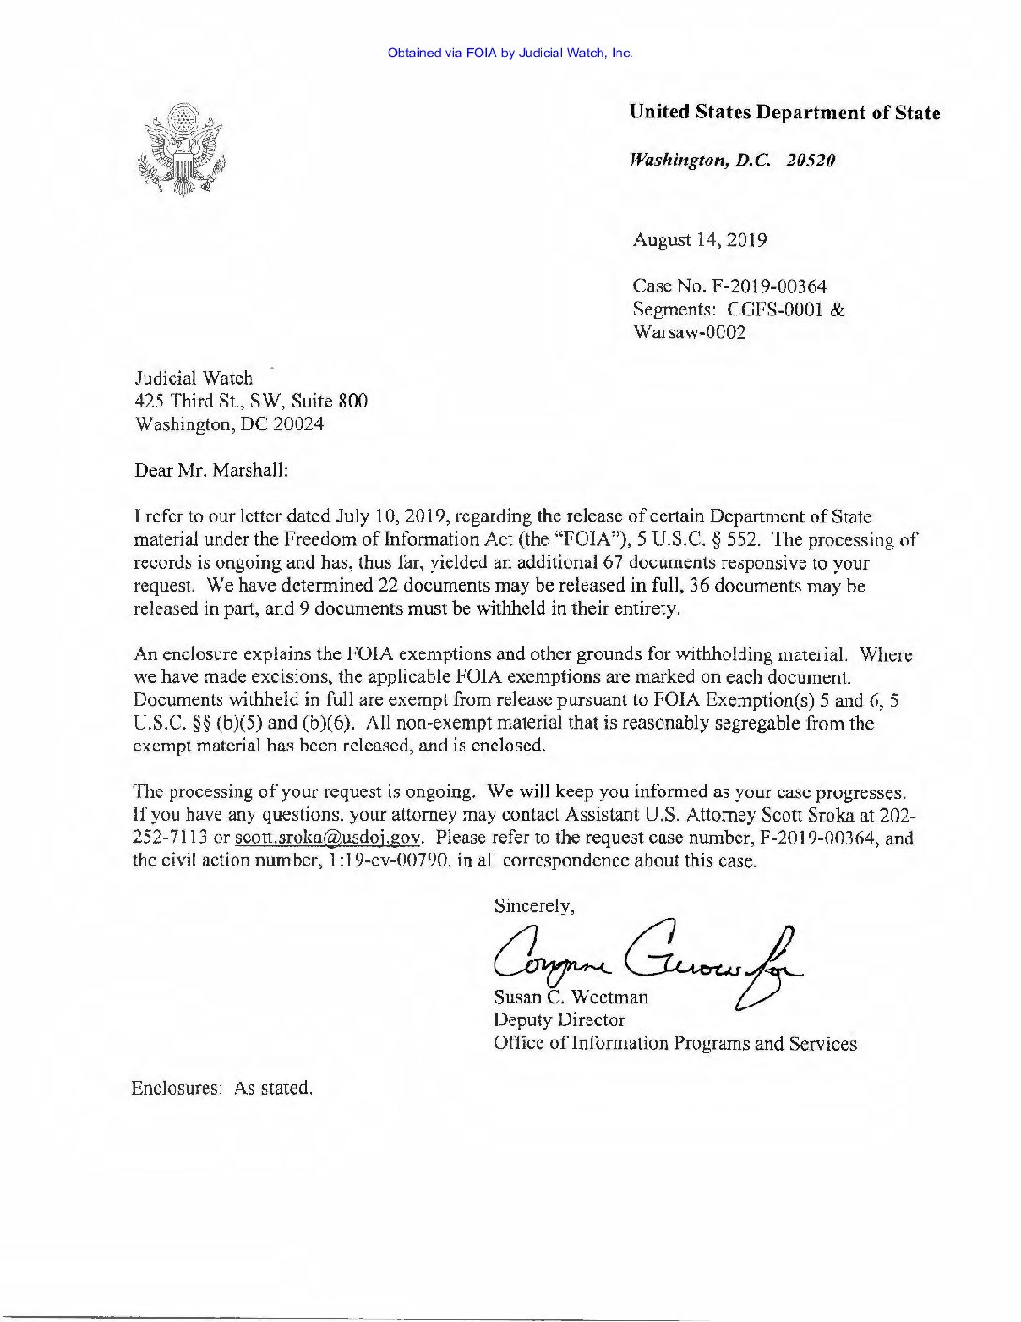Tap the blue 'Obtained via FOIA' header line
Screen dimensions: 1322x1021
(x=510, y=53)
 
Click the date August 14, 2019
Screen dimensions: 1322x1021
(x=699, y=239)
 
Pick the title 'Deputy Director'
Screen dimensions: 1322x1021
(x=558, y=1020)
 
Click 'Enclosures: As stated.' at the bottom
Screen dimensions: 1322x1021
(x=221, y=1088)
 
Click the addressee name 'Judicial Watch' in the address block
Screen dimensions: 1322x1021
(x=193, y=378)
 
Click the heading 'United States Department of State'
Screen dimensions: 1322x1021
(x=785, y=114)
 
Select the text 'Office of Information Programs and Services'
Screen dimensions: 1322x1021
(x=675, y=1043)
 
